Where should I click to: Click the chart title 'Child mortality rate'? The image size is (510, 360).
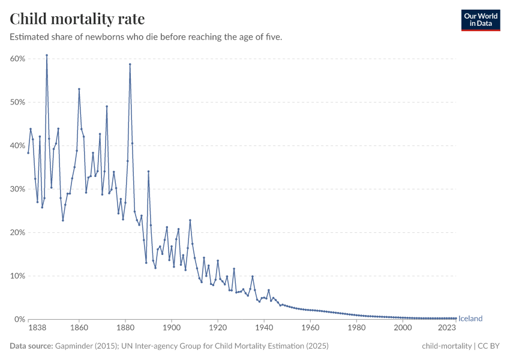[x=77, y=19]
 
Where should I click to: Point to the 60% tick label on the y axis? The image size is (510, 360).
[x=17, y=59]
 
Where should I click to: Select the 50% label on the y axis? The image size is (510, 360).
[x=17, y=102]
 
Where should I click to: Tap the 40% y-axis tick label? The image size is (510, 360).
[x=17, y=146]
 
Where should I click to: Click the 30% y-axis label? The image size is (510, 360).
[x=17, y=189]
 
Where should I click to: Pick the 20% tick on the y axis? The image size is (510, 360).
[x=17, y=232]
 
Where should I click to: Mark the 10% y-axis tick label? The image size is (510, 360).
[x=17, y=276]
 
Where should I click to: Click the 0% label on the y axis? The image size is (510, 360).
[x=19, y=319]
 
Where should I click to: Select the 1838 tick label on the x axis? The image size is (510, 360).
[x=28, y=328]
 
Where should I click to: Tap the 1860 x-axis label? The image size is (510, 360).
[x=79, y=328]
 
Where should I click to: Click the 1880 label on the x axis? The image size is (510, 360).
[x=125, y=328]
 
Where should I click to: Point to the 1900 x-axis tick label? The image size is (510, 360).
[x=172, y=328]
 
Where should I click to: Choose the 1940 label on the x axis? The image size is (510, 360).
[x=264, y=328]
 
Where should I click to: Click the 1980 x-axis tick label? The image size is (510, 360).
[x=356, y=328]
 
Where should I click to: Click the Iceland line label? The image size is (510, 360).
[x=470, y=319]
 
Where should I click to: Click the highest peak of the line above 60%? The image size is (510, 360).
[x=47, y=55]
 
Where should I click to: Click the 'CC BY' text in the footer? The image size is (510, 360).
[x=489, y=346]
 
